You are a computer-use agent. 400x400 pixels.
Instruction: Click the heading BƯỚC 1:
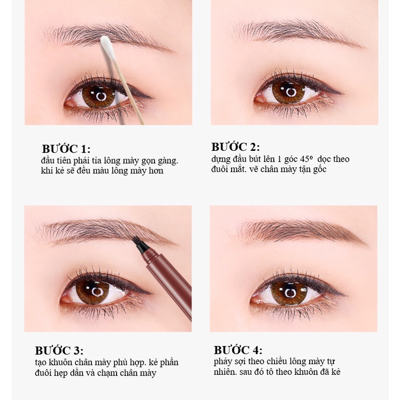[x=66, y=149]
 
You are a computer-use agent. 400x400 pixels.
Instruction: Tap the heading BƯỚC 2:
[x=235, y=147]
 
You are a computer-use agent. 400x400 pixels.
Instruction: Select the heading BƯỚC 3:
[x=59, y=351]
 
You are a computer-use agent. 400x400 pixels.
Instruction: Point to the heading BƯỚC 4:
[x=238, y=350]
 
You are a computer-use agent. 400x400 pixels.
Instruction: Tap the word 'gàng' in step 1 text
[x=167, y=161]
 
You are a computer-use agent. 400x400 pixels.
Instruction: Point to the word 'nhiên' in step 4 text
[x=225, y=372]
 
